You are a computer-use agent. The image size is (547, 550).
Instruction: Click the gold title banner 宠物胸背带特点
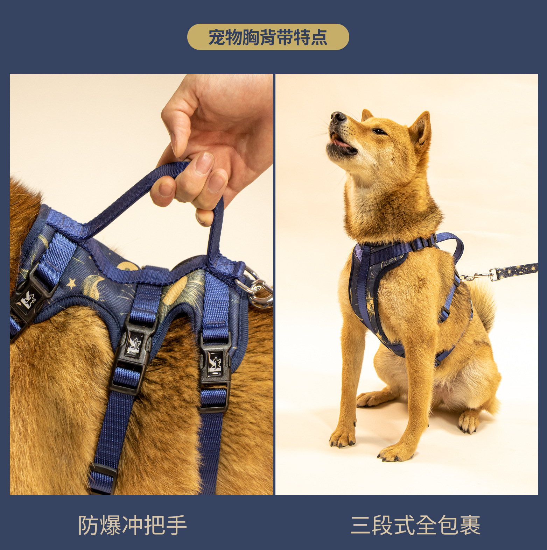(x=268, y=37)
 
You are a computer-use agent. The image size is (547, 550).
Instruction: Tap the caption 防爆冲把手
(x=132, y=525)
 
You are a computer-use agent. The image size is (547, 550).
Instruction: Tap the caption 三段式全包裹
(x=415, y=525)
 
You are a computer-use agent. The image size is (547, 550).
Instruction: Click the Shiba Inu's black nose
(x=338, y=117)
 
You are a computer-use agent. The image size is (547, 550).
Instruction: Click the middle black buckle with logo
(x=134, y=346)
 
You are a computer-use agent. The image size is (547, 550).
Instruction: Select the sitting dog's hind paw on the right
(x=469, y=421)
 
